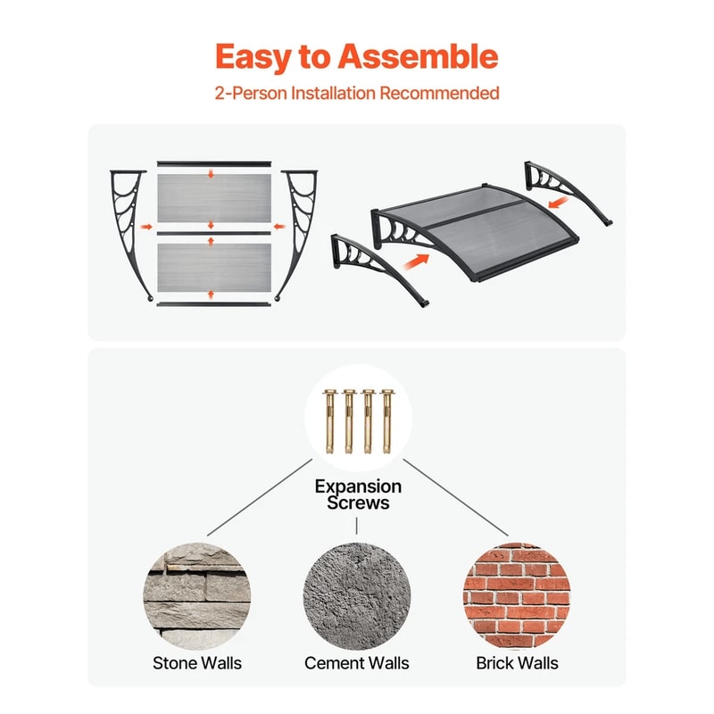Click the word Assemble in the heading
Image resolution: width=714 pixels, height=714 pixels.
point(418,56)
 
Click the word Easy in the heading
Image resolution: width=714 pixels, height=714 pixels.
point(253,57)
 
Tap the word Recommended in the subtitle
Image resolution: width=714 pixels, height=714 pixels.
point(439,93)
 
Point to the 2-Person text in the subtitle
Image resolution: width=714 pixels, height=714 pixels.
point(251,93)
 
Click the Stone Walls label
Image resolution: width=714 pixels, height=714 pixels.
point(197,663)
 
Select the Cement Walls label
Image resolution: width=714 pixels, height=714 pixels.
point(356,663)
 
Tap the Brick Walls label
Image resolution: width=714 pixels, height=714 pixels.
point(517,663)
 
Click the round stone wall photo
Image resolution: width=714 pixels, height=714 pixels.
point(197,596)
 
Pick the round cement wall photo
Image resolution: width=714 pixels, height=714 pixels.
point(356,596)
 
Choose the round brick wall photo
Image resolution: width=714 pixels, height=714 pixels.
point(517,596)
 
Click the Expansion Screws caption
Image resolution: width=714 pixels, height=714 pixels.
point(358,494)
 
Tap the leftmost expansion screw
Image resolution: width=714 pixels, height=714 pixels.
point(329,421)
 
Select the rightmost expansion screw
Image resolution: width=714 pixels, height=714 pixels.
point(387,421)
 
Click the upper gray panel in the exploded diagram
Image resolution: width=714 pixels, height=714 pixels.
point(214,197)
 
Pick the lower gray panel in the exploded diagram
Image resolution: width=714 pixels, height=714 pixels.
point(214,268)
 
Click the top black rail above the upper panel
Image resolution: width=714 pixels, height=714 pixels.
point(214,163)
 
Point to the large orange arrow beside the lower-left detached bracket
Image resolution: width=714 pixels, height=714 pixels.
point(416,262)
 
